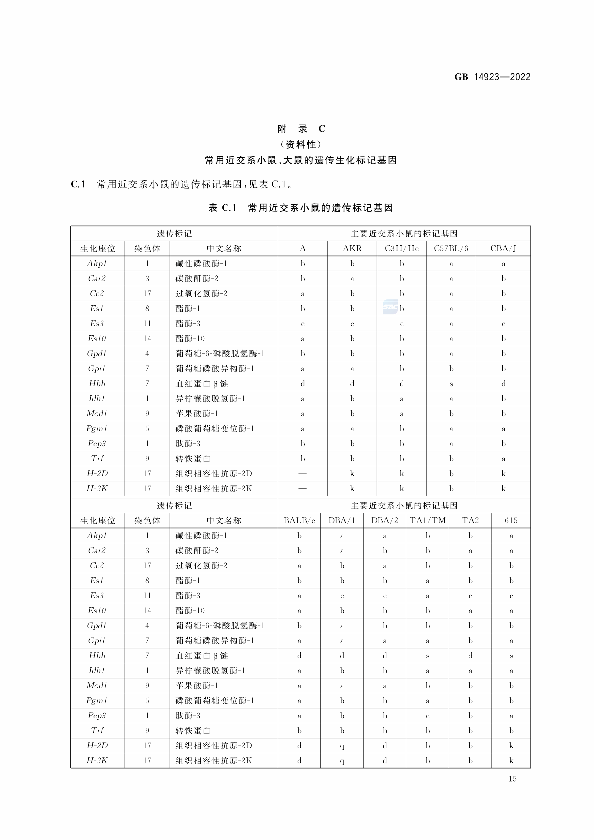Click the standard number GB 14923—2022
click(x=492, y=77)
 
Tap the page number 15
click(x=512, y=779)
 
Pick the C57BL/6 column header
click(x=451, y=248)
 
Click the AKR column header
click(x=352, y=248)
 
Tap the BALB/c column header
click(x=299, y=520)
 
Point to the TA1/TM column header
click(x=428, y=520)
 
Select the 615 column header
click(x=511, y=520)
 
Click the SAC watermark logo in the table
click(x=390, y=308)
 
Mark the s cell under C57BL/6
click(x=451, y=384)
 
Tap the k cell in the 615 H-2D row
click(x=511, y=746)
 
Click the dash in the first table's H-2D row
click(x=302, y=473)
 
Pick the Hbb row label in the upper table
click(x=97, y=383)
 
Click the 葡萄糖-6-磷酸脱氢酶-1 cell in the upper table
click(x=220, y=353)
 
